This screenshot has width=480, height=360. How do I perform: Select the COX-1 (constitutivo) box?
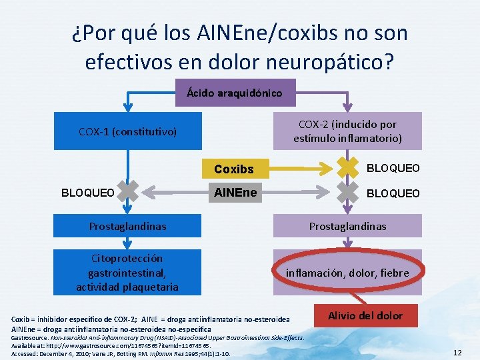[127, 132]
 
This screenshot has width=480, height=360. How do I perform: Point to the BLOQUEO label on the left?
[87, 193]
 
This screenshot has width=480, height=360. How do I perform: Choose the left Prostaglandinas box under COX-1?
[127, 227]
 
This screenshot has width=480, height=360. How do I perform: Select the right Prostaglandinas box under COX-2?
[347, 227]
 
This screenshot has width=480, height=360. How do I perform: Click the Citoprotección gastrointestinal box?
[127, 273]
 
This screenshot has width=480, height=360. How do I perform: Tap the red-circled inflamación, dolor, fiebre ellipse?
[347, 273]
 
